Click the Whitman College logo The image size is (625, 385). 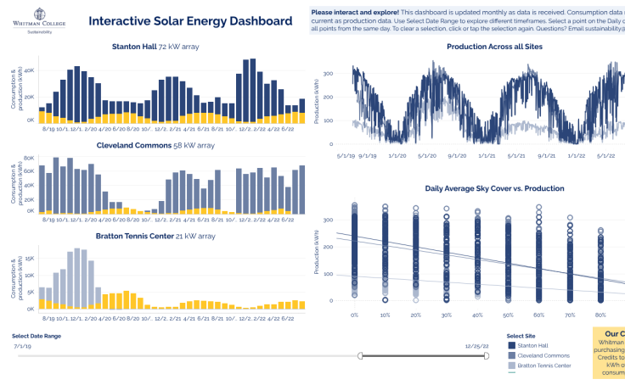[39, 20]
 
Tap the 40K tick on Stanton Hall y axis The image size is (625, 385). [29, 70]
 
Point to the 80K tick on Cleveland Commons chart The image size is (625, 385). [29, 159]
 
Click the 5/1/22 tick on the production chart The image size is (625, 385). [605, 155]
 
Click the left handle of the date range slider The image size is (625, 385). [361, 356]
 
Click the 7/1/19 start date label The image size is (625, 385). [23, 346]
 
